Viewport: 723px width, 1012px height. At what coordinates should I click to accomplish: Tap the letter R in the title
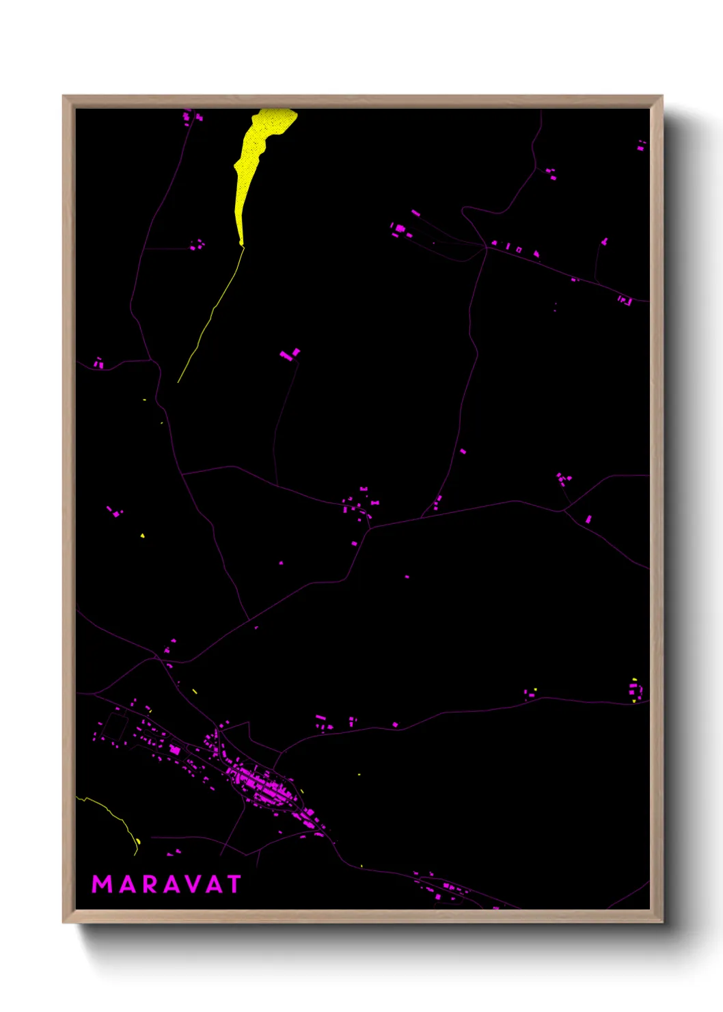click(x=147, y=884)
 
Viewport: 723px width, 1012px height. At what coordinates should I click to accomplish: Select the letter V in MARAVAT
click(x=193, y=884)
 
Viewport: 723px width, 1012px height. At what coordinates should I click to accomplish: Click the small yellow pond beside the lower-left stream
click(x=139, y=840)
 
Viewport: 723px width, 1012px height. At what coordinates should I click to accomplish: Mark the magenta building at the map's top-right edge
click(x=641, y=145)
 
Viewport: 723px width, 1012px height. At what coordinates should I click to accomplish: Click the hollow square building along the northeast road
click(x=519, y=250)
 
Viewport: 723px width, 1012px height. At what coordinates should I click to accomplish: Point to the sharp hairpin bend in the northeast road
click(x=465, y=212)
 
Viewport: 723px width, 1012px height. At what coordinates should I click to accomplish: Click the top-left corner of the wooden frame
click(x=64, y=96)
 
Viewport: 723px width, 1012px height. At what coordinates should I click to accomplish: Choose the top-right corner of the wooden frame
click(x=661, y=96)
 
